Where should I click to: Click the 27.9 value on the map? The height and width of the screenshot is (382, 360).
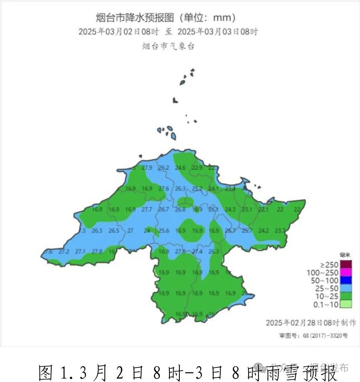point(147,167)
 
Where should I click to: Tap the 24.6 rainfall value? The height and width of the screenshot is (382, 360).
point(180,167)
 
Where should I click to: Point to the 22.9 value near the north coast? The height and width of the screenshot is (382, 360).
point(197,167)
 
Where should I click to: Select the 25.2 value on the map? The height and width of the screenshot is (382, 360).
point(197,188)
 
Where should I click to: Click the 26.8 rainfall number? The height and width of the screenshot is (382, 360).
point(180,209)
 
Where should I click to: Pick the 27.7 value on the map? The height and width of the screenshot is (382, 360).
point(147,209)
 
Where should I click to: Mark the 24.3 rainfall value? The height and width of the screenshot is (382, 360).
point(230,209)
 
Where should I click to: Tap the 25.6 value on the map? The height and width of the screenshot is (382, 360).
point(164,231)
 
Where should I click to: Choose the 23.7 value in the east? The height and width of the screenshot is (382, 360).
point(280,231)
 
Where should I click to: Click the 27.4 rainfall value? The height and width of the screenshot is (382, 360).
point(197,251)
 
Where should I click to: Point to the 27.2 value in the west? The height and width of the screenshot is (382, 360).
point(64,251)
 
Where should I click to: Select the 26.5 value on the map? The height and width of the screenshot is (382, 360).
point(114,231)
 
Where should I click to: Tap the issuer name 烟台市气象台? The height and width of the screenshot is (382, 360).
point(168,46)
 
